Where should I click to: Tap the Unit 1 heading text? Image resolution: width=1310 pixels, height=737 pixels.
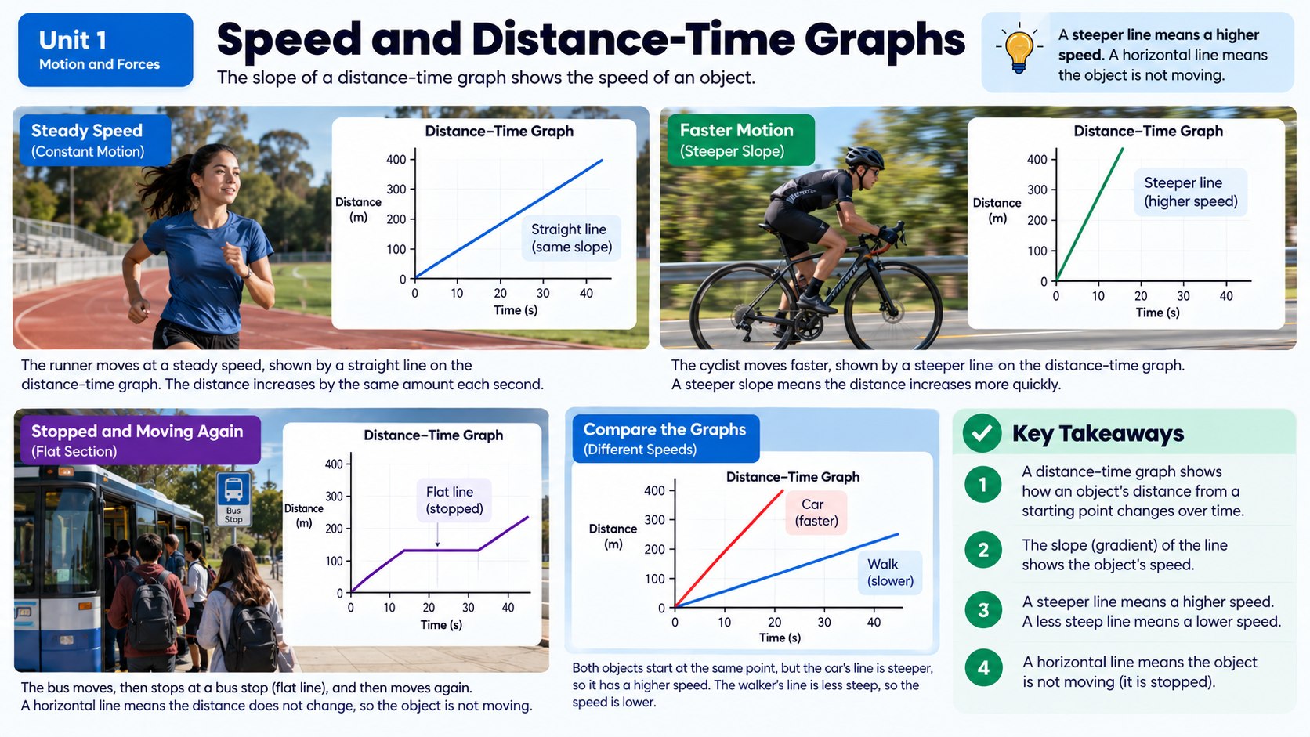click(x=73, y=40)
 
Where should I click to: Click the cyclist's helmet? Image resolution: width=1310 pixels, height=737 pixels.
click(x=864, y=157)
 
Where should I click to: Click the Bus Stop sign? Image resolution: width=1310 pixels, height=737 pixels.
click(x=233, y=499)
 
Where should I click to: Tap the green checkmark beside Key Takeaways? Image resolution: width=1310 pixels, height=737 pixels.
click(x=982, y=433)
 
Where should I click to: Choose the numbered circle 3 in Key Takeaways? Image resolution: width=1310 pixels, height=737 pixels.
click(x=983, y=609)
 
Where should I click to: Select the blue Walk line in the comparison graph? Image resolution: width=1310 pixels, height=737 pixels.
click(x=787, y=570)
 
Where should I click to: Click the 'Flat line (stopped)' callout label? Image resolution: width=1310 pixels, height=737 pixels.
click(x=454, y=500)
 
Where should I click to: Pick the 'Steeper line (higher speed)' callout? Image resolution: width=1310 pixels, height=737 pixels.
click(x=1191, y=193)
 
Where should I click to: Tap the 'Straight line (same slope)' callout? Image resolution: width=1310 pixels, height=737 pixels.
click(x=571, y=238)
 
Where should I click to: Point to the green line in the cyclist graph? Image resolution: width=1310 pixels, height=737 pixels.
click(x=1090, y=215)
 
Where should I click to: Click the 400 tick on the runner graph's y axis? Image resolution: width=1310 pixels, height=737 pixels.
click(x=396, y=159)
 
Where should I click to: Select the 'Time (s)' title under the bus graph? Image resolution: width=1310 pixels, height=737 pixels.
click(x=441, y=625)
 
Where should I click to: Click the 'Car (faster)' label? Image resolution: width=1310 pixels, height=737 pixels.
click(x=816, y=512)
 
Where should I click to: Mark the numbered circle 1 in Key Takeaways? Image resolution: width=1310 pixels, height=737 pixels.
click(x=983, y=485)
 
